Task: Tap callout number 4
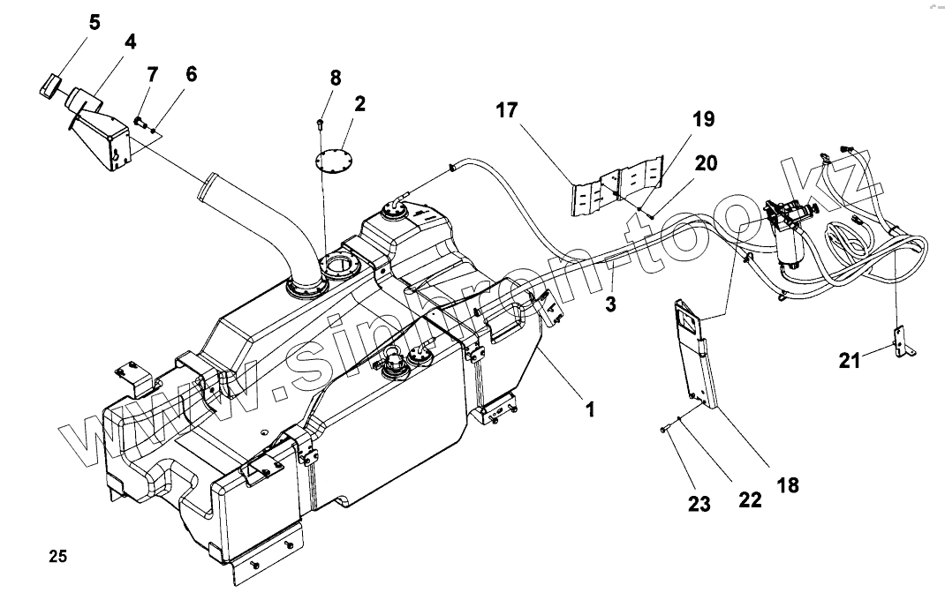(130, 41)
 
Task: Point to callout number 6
(191, 75)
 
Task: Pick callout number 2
(360, 104)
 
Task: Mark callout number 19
(703, 120)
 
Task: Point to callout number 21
(850, 360)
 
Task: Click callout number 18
(788, 484)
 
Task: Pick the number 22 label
(749, 500)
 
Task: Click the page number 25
(58, 557)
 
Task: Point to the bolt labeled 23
(663, 430)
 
